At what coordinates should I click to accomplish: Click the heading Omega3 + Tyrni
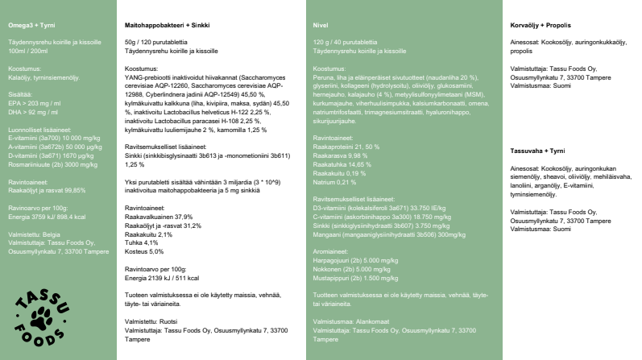click(33, 25)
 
